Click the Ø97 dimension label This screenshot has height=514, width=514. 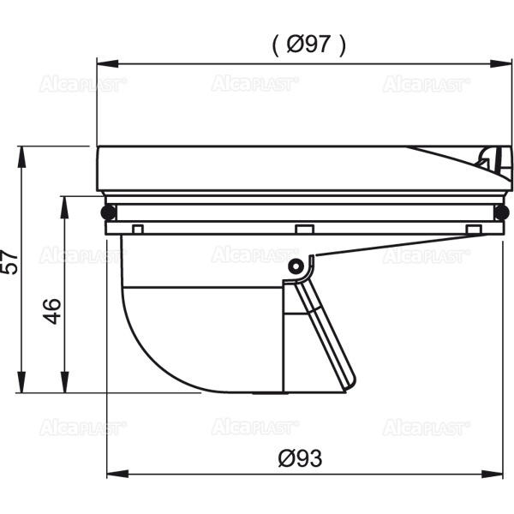(308, 44)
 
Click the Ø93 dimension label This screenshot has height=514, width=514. (301, 458)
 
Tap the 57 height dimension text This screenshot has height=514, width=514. (9, 261)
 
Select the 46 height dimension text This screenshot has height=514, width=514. (51, 311)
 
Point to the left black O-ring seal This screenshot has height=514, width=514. (109, 212)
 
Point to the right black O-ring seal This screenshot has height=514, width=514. (501, 212)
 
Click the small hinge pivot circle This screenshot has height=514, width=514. (296, 266)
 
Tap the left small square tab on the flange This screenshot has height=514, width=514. (138, 229)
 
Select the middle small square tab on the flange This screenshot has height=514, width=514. (304, 229)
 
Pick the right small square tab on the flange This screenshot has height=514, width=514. (474, 229)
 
